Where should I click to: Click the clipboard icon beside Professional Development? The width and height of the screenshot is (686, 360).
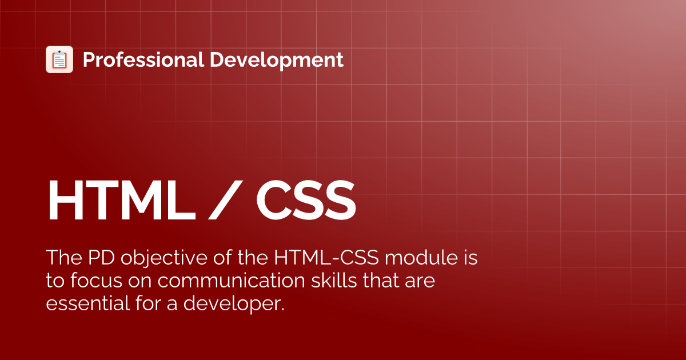pyautogui.click(x=59, y=59)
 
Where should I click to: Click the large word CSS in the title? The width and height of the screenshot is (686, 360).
pyautogui.click(x=306, y=201)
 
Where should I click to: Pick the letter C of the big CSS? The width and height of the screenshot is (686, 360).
pyautogui.click(x=274, y=201)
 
